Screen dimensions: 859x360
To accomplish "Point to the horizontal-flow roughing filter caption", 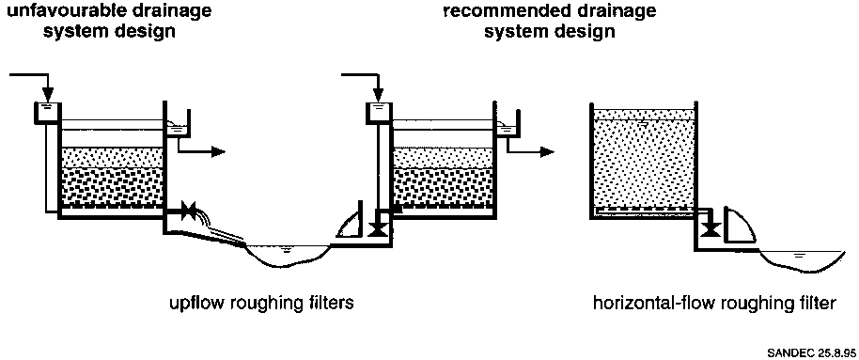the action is [x=715, y=303].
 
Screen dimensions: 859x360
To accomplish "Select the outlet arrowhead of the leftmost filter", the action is [x=218, y=152].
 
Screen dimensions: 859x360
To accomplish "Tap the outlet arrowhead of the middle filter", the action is [x=547, y=152].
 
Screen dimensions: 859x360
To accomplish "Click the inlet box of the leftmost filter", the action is [x=48, y=112].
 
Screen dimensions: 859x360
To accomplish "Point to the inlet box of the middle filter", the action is [x=379, y=112].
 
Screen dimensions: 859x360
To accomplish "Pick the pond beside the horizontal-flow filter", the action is [x=801, y=261].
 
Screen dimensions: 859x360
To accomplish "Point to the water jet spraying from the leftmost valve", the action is [x=222, y=226].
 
